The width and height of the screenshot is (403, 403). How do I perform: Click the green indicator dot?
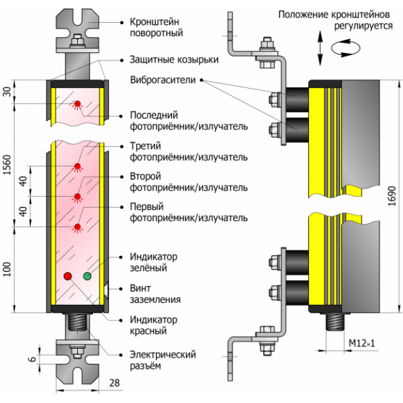click(x=87, y=275)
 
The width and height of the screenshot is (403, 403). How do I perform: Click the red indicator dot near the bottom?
click(x=67, y=276)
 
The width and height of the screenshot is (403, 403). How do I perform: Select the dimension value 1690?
click(x=392, y=195)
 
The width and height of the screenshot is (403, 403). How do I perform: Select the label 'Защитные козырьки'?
click(x=174, y=59)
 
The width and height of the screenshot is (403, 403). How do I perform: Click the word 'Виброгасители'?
click(x=162, y=79)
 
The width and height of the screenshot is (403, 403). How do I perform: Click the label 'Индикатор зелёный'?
click(x=152, y=262)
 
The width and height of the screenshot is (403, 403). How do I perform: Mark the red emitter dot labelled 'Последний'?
click(x=77, y=103)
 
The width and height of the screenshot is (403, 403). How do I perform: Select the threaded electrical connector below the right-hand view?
click(x=333, y=323)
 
